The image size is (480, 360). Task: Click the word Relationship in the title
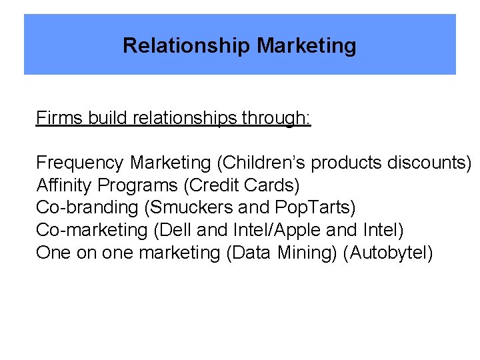(x=187, y=46)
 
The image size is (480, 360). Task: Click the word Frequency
(x=80, y=163)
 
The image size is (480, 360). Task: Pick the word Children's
(x=263, y=163)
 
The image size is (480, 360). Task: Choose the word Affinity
(x=64, y=185)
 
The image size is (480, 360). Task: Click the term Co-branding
(x=87, y=207)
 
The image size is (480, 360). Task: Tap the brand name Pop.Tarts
(x=314, y=207)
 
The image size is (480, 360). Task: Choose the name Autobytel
(x=388, y=253)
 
